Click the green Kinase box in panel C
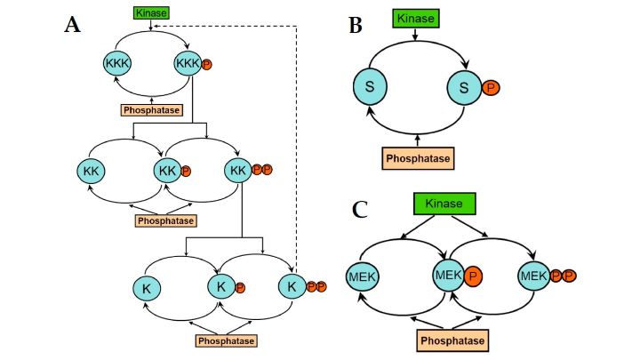click(444, 204)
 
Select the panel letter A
click(73, 25)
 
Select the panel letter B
click(355, 26)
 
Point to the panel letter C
click(360, 209)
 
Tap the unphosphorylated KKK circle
click(117, 64)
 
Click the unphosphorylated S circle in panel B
click(369, 87)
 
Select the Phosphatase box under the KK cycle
click(165, 220)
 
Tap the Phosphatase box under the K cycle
click(225, 340)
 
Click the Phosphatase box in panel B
click(417, 159)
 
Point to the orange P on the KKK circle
click(207, 64)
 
